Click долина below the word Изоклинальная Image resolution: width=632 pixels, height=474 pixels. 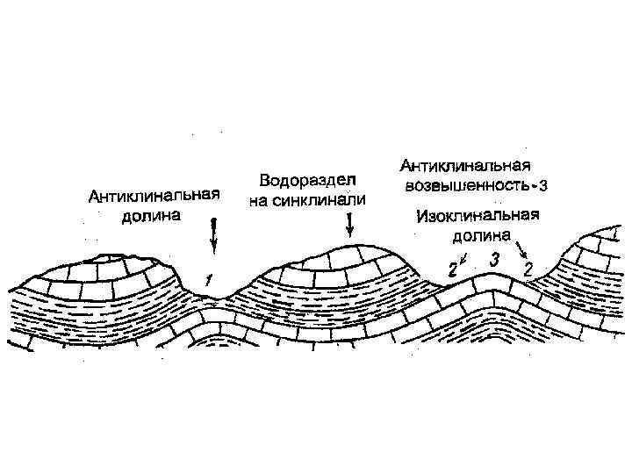click(x=480, y=235)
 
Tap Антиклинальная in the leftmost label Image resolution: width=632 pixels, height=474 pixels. click(x=153, y=195)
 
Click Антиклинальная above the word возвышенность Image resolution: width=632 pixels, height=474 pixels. click(x=466, y=166)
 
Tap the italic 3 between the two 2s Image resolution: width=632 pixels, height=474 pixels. click(x=495, y=260)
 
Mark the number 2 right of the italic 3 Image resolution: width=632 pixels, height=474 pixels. click(x=528, y=268)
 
